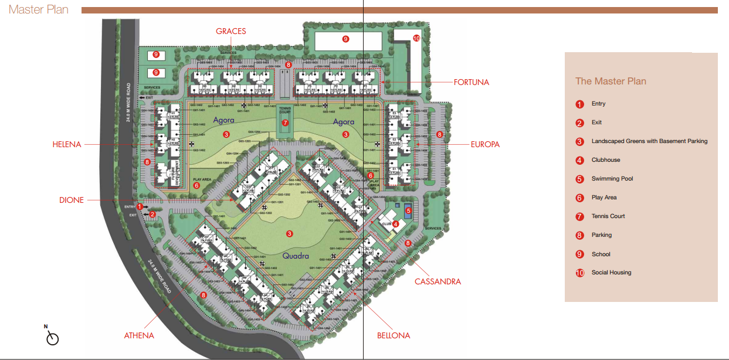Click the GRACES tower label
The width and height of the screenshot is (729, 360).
tap(230, 31)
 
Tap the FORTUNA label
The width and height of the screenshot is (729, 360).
tap(471, 83)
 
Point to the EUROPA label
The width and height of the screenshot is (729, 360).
tap(484, 144)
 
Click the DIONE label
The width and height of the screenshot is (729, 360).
tap(72, 200)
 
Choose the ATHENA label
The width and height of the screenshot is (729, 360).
tap(139, 336)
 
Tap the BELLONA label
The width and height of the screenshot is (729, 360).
tap(394, 336)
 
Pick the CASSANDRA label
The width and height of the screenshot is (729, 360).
tap(438, 281)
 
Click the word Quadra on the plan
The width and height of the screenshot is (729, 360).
tap(296, 256)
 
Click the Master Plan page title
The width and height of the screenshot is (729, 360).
tap(39, 9)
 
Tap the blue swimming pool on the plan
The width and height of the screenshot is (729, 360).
tap(408, 207)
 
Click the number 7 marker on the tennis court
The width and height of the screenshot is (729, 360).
tap(285, 123)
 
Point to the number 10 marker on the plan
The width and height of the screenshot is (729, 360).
tap(416, 39)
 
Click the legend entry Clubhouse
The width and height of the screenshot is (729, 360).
tap(605, 160)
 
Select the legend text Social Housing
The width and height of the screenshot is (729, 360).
tap(611, 273)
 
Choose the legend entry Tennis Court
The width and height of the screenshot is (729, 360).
tap(608, 216)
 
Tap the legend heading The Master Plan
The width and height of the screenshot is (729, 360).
tap(611, 81)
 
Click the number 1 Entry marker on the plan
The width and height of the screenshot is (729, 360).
tap(140, 206)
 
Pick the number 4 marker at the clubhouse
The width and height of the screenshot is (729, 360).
tap(396, 223)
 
